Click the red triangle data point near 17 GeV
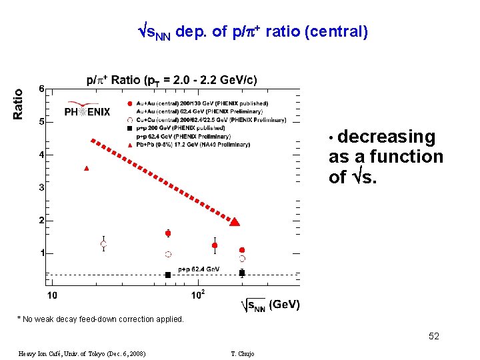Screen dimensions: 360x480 point(87,168)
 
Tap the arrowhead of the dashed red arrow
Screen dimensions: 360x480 point(235,221)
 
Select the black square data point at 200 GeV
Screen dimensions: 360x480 point(242,273)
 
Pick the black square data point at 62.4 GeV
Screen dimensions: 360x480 point(168,275)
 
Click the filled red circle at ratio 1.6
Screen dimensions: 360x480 point(168,233)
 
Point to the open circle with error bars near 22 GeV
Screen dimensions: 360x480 point(103,244)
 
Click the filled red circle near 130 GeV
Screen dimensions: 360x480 point(215,245)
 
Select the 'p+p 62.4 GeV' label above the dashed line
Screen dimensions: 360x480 point(199,269)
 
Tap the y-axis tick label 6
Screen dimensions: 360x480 point(41,89)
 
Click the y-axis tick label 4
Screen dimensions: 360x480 point(41,155)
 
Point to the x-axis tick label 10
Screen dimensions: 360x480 point(51,295)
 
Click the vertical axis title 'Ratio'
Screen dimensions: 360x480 point(18,104)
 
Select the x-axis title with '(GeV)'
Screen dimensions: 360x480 point(270,305)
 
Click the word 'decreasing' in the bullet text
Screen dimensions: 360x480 point(386,137)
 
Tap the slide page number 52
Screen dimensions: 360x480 point(434,337)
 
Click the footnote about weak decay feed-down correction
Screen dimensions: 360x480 point(100,319)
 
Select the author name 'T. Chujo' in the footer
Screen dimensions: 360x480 point(241,353)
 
